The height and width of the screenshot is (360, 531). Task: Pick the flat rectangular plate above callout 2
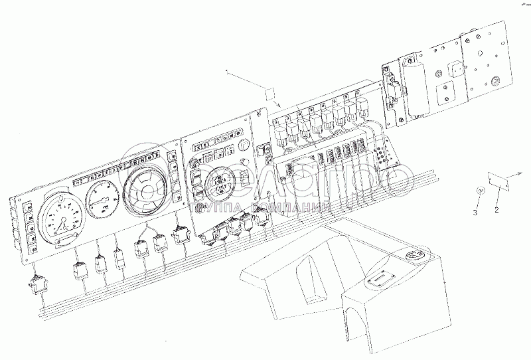click(497, 179)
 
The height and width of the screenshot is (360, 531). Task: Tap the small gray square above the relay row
click(269, 93)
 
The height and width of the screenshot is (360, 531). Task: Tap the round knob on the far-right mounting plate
click(494, 82)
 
